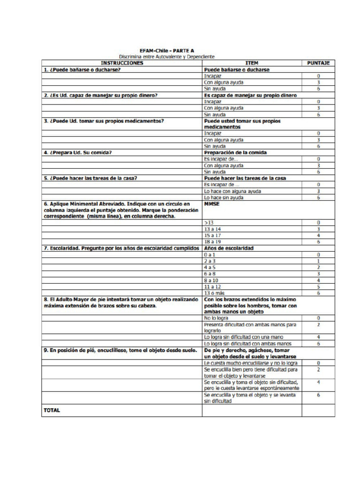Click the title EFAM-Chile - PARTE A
point(167,50)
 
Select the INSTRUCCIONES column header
point(122,63)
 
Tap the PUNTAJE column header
point(318,63)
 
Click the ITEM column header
point(252,63)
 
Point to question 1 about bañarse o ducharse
point(82,69)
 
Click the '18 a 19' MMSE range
point(212,241)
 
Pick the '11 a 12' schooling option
point(212,286)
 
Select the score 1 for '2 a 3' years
point(318,261)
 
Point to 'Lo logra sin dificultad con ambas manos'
point(248,344)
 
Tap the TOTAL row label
point(52,410)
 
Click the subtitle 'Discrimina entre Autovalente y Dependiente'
point(167,57)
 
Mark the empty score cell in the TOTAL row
point(318,410)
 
